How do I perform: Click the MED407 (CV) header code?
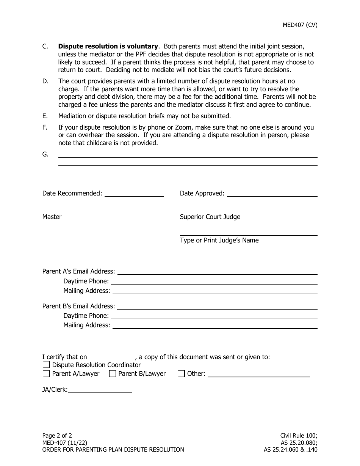coord(300,25)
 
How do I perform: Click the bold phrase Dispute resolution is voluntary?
coord(108,46)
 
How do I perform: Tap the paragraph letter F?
coord(45,127)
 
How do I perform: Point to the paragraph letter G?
coord(45,154)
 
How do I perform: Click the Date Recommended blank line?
coord(134,194)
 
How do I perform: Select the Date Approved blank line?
coord(272,194)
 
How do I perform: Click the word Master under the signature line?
coord(52,217)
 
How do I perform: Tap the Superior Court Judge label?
coord(210,217)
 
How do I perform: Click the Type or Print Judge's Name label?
coord(219,240)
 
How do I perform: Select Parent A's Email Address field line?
coord(217,272)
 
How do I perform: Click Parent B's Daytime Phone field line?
coord(214,316)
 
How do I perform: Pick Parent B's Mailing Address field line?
coord(215,326)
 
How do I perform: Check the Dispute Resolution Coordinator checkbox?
coord(46,365)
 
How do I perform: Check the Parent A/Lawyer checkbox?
coord(46,374)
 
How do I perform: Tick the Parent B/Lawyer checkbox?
coord(113,374)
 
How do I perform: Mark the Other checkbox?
coord(181,374)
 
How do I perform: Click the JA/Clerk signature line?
coord(100,390)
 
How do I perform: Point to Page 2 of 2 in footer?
coord(57,435)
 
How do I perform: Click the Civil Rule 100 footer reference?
coord(299,435)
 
